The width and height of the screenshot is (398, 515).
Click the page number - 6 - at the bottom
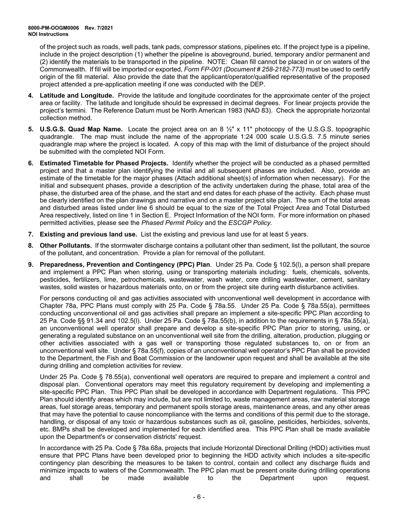[199, 497]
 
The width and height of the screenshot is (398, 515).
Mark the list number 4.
[31, 95]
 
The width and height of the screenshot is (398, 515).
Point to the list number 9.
[31, 264]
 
